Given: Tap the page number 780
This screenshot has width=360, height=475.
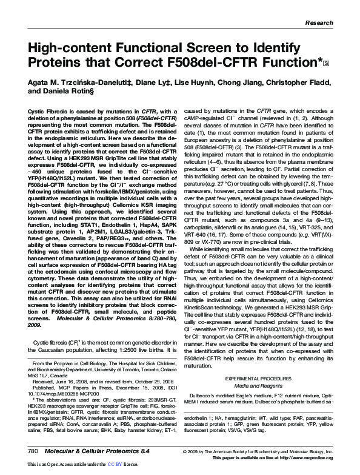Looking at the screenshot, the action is (33, 452).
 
